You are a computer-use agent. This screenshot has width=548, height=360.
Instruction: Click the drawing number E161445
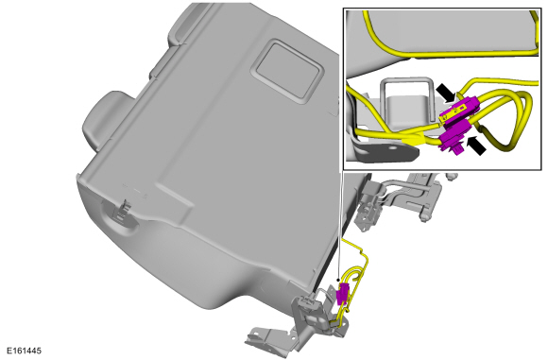[x=24, y=351]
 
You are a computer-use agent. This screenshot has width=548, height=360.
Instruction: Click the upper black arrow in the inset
[x=447, y=93]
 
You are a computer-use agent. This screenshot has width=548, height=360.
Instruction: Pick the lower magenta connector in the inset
[x=453, y=138]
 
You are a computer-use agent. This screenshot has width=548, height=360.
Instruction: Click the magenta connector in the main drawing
[x=341, y=293]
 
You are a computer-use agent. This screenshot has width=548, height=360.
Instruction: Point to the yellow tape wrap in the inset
[x=414, y=141]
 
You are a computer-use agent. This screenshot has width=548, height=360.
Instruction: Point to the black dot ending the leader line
[x=338, y=280]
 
